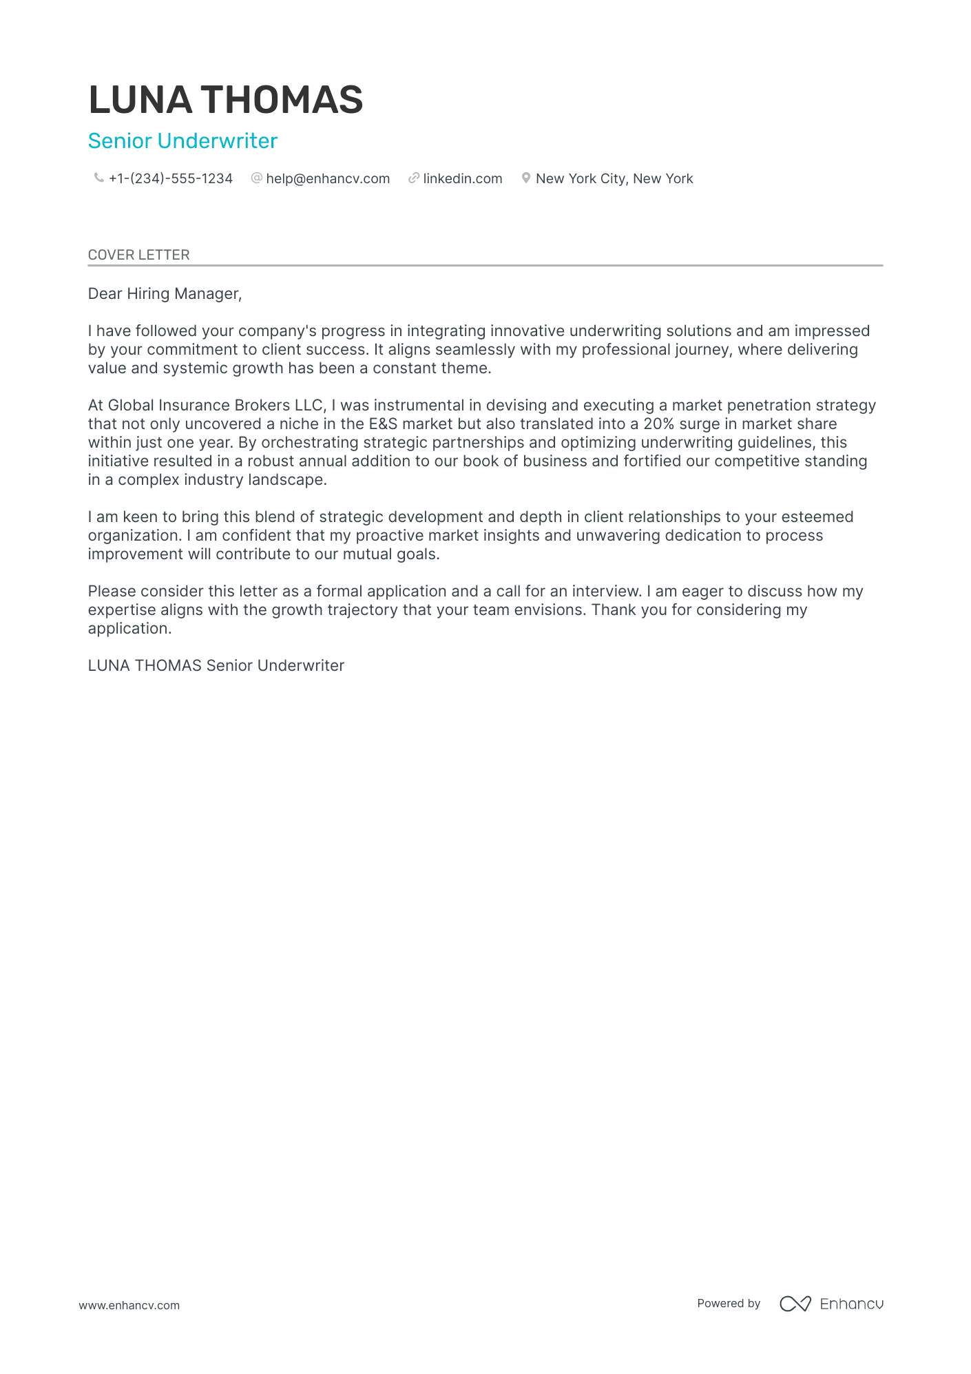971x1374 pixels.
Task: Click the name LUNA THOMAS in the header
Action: [x=225, y=100]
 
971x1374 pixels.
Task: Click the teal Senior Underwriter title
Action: [x=182, y=141]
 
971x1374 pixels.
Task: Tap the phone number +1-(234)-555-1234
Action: [x=170, y=179]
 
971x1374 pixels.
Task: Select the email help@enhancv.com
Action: [x=328, y=179]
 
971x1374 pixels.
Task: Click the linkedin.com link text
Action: [x=462, y=179]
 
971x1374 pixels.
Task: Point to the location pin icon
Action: [x=526, y=178]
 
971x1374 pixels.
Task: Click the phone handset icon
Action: [x=98, y=178]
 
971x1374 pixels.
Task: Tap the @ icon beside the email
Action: [x=257, y=178]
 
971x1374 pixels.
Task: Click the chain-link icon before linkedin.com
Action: [x=414, y=178]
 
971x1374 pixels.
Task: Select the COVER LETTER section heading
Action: [x=138, y=255]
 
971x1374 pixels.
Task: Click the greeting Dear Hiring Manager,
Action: [x=165, y=294]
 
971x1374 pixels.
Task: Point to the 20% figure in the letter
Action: [x=658, y=424]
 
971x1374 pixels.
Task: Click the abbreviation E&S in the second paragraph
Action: [x=378, y=424]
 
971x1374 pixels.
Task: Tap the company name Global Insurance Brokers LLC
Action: [x=215, y=406]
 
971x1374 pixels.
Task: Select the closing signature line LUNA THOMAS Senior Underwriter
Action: [x=216, y=666]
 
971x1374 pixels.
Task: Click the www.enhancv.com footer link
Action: [x=129, y=1306]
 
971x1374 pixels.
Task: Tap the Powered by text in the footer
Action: [x=728, y=1304]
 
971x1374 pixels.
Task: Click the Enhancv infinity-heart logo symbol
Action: [x=795, y=1304]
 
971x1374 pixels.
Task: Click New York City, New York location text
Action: [x=614, y=179]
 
